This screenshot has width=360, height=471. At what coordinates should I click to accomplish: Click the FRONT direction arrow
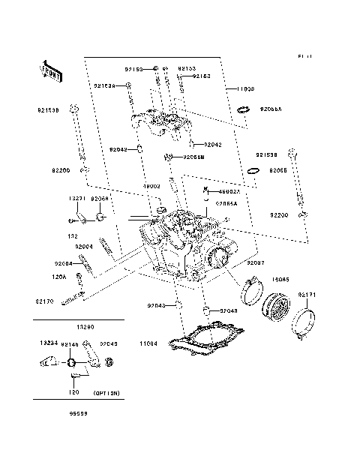point(50,71)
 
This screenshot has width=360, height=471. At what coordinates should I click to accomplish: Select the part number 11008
point(247,89)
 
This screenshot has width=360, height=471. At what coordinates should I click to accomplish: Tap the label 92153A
point(104,86)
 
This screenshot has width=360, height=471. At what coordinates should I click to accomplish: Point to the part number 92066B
point(195,157)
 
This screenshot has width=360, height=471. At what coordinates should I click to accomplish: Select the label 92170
point(43,301)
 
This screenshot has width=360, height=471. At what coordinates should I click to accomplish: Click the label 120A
point(59,277)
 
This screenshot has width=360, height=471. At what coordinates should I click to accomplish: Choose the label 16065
point(280,279)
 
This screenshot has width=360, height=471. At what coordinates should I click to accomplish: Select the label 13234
point(49,343)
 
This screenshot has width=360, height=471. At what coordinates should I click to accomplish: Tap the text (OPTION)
point(106,393)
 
